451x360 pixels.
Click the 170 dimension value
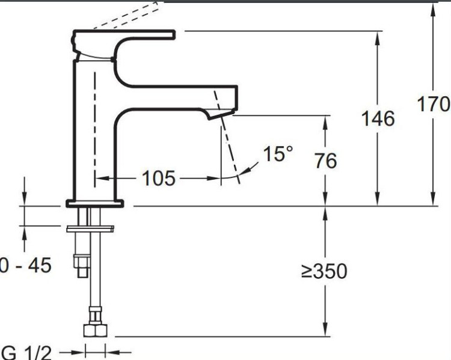click(x=434, y=105)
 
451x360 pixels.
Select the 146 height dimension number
click(x=378, y=118)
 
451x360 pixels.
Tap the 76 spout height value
click(x=325, y=160)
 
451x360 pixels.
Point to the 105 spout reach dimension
click(x=158, y=178)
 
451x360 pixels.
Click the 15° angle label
click(x=278, y=154)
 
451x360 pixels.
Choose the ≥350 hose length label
click(x=324, y=271)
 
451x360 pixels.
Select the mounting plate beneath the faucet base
click(x=90, y=228)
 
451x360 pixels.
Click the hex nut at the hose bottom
click(x=95, y=331)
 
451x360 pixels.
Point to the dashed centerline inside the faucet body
click(x=94, y=120)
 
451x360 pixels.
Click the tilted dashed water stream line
click(x=229, y=147)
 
